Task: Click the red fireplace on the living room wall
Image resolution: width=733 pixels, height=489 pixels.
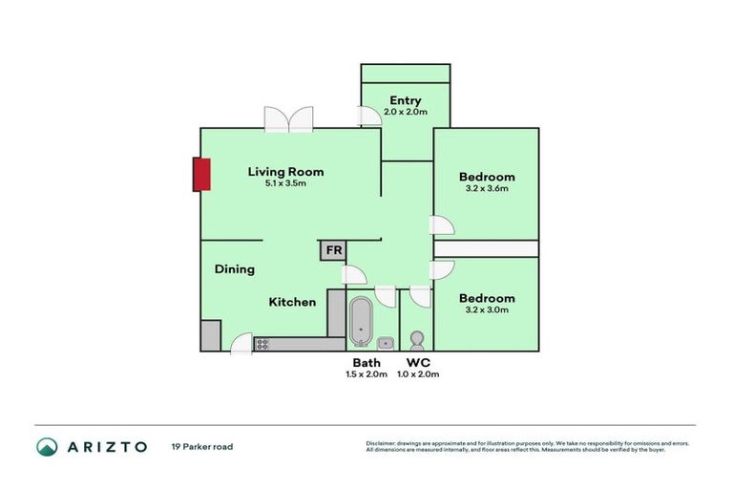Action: coord(201,175)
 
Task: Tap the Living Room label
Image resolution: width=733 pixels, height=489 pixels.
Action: coord(285,172)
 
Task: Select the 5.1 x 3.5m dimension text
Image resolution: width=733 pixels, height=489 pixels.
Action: coord(285,183)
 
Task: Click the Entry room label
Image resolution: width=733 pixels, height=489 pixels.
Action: coord(405,100)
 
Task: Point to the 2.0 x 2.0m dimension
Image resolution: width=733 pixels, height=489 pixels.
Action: coord(405,112)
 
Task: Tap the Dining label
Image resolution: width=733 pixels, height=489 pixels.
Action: coord(234,269)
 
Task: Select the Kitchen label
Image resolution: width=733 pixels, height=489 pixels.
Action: coord(292,302)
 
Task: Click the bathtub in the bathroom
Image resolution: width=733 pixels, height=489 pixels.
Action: coord(361,321)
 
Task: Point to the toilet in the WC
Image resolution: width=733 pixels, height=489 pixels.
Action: coord(416,340)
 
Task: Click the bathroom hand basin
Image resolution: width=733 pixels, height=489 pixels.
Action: coord(386,342)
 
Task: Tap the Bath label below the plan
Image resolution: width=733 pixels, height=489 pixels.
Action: coord(366,363)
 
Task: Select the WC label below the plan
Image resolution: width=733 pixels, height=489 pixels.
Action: coord(418,363)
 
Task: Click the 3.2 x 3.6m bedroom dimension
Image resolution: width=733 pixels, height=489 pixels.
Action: coord(487,188)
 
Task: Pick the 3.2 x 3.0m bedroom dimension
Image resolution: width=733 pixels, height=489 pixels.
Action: coord(487,309)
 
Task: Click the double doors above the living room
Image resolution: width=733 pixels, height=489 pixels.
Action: coord(288,119)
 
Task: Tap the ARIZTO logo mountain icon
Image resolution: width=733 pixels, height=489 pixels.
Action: coord(47,446)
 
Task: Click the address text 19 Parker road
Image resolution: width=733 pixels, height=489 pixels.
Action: coord(201,446)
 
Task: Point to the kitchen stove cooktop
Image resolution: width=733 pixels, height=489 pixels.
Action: coord(263,343)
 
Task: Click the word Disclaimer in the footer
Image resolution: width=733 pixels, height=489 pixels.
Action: coord(383,443)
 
